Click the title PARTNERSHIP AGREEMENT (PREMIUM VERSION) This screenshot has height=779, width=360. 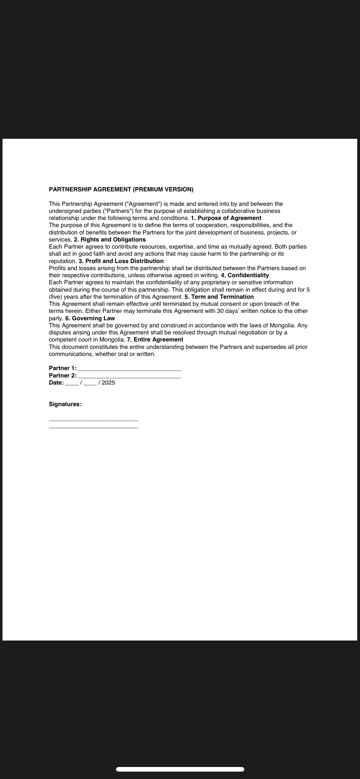click(121, 189)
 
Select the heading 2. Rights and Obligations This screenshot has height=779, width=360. click(110, 239)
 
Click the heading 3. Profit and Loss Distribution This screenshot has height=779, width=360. click(121, 261)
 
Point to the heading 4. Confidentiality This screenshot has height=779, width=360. click(245, 275)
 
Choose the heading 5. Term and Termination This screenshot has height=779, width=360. click(219, 297)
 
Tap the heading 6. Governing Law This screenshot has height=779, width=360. click(90, 318)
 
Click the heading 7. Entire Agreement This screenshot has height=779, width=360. click(155, 339)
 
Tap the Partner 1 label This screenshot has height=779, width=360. click(62, 368)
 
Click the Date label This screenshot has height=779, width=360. click(56, 383)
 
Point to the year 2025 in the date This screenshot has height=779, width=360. click(108, 383)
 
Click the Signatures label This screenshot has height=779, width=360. click(65, 404)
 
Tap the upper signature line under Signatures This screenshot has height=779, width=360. click(94, 420)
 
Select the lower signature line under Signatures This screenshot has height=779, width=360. click(94, 427)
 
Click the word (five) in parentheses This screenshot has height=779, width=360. click(55, 297)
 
